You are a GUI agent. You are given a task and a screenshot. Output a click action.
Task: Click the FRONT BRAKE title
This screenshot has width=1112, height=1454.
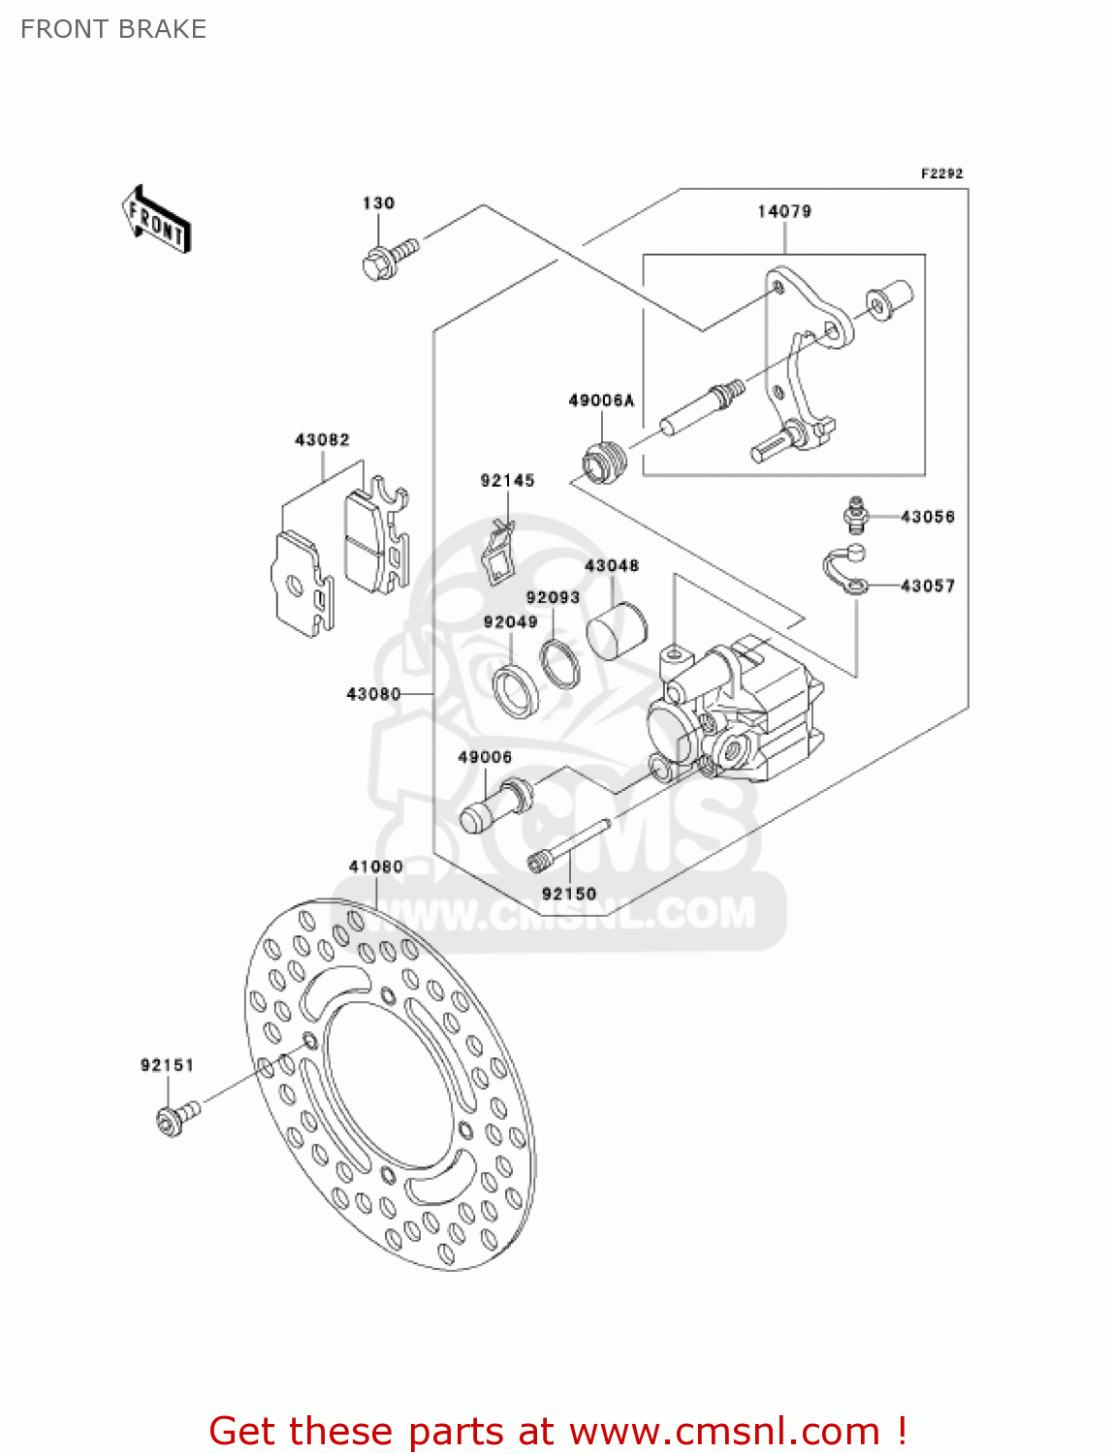[113, 29]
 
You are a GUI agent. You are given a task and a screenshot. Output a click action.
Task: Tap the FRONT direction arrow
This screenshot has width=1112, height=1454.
[155, 220]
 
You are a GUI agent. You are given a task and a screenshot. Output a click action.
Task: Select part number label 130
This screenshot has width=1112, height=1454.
[378, 203]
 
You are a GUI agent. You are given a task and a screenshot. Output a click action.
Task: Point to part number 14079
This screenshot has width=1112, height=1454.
[783, 211]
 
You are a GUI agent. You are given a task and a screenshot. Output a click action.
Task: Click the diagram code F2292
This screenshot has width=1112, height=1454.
[941, 174]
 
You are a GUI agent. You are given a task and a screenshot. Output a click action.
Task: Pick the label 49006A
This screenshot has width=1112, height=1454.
[600, 400]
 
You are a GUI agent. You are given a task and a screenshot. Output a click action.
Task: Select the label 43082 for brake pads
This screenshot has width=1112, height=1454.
[322, 440]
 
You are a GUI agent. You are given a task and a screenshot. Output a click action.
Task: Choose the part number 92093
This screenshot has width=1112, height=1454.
[553, 598]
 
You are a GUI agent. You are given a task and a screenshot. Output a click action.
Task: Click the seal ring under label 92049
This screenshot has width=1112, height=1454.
[516, 689]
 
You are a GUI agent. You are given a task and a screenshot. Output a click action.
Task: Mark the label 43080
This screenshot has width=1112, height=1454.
[373, 694]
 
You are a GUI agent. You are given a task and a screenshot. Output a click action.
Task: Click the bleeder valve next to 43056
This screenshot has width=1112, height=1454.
[853, 515]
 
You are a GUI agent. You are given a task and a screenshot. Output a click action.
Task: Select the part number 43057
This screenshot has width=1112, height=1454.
[927, 585]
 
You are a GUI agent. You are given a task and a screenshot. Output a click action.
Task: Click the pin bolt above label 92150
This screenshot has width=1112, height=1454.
[568, 844]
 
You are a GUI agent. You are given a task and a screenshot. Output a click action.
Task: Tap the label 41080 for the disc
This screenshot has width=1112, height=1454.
[375, 867]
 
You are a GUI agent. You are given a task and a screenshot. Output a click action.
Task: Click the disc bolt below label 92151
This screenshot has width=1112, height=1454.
[175, 1118]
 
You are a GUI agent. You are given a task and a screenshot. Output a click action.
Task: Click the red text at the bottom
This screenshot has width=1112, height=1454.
[557, 1431]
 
